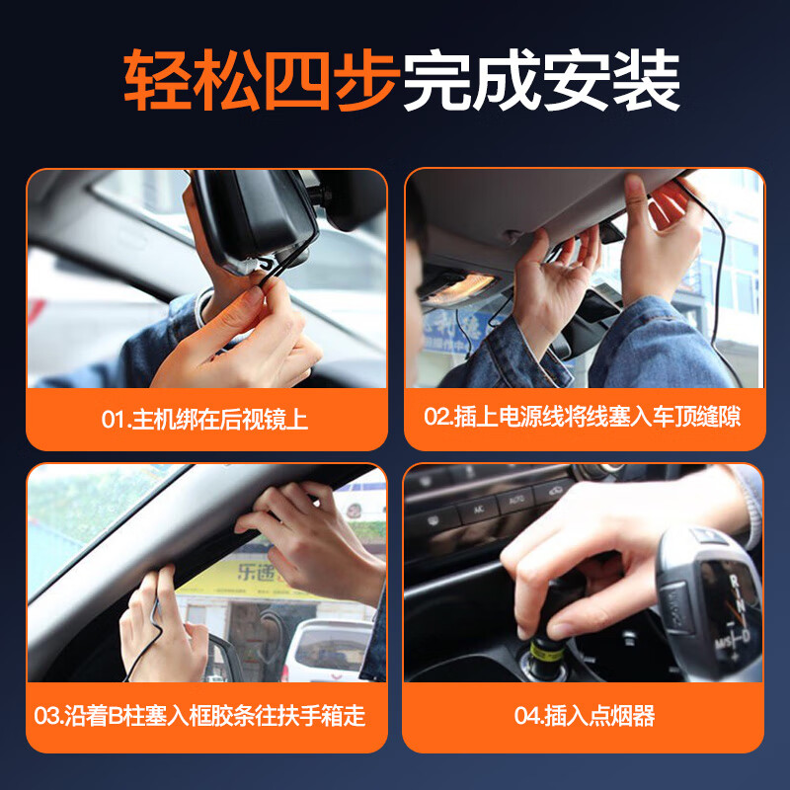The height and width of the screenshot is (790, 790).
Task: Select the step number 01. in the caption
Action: click(x=116, y=420)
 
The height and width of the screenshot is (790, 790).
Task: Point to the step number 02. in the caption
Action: click(x=438, y=417)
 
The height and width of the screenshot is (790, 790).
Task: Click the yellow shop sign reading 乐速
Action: click(x=259, y=570)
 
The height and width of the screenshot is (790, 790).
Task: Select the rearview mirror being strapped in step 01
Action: click(x=252, y=217)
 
